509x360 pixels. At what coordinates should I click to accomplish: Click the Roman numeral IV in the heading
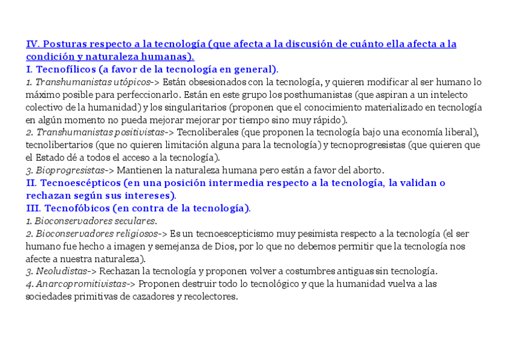pos(32,44)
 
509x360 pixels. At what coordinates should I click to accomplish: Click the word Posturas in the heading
pos(66,44)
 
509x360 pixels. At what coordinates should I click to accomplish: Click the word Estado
pos(50,158)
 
